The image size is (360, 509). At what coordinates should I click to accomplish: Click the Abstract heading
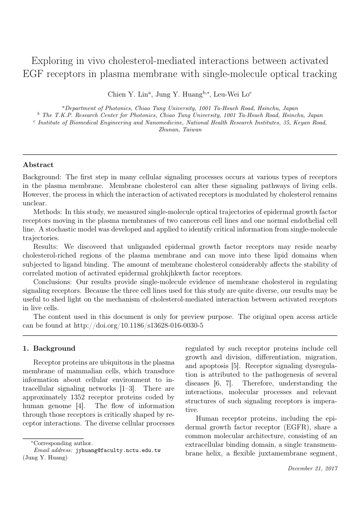coord(38,165)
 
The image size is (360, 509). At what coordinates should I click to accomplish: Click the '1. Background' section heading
coord(49,348)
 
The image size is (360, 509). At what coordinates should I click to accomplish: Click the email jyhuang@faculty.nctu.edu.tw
coord(118,450)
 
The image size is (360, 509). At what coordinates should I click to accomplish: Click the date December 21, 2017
coord(313,469)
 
